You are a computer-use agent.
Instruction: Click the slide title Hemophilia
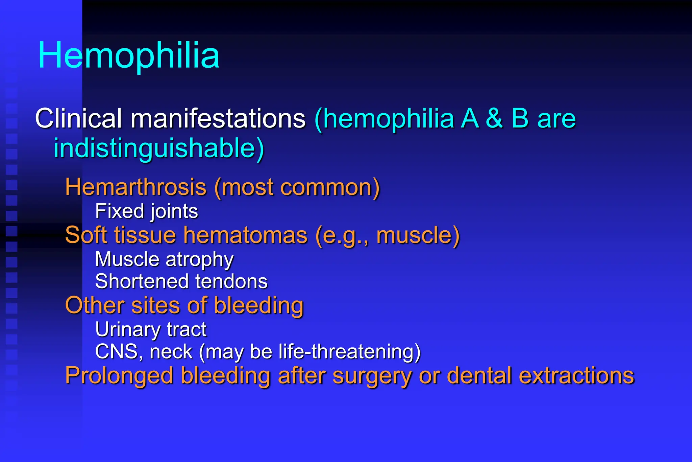pos(129,55)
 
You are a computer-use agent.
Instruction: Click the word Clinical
pos(78,119)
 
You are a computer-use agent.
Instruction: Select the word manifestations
pos(218,119)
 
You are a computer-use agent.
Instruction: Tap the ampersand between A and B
pos(494,119)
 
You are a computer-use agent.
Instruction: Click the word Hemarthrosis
pos(135,187)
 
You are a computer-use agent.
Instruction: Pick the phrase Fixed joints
pos(146,211)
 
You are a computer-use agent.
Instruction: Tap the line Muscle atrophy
pos(164,259)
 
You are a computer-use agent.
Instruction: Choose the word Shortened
pos(142,281)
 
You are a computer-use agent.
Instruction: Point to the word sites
pos(155,305)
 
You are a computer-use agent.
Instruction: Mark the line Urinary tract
pos(151,329)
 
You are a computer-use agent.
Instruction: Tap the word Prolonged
pos(119,376)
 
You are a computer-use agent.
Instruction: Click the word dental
pos(479,375)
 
